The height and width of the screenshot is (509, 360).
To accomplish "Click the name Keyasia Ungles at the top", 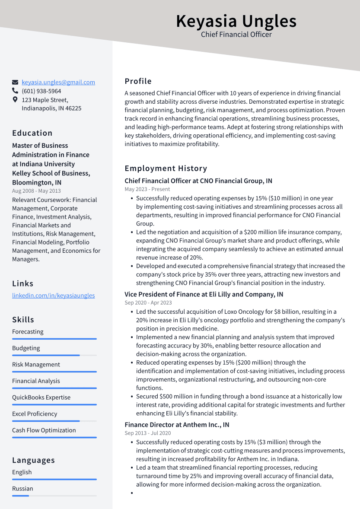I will point(236,21).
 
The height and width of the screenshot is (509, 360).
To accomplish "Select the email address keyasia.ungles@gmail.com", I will point(58,82).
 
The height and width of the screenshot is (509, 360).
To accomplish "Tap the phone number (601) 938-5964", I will point(41,91).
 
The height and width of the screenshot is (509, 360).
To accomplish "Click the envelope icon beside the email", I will point(15,82).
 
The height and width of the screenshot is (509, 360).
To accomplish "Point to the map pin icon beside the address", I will point(15,100).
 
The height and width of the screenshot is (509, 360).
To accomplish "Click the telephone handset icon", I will point(15,91).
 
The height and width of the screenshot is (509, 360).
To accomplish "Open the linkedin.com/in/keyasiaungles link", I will point(53,296).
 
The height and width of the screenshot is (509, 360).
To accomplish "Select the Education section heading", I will point(32,133).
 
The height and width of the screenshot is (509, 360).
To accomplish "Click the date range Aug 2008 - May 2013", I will point(36,191).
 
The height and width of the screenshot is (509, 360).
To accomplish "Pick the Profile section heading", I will point(138,81).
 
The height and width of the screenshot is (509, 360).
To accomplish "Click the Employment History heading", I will point(166,169).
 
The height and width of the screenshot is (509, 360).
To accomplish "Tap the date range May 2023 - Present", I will point(147,189).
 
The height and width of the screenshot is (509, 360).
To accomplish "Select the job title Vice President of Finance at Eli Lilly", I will point(204,294).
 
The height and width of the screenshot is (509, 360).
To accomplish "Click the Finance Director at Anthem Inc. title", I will point(177,425).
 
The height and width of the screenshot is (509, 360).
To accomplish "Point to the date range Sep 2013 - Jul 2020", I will point(147,433).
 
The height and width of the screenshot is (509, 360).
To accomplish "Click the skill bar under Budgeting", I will point(54,355).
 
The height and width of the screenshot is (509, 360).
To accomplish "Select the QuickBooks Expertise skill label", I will point(41,398).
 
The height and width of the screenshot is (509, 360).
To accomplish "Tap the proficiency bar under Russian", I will point(54,496).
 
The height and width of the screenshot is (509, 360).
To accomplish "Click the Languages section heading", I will point(33,460).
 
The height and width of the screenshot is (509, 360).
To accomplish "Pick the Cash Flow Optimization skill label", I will point(44,430).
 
